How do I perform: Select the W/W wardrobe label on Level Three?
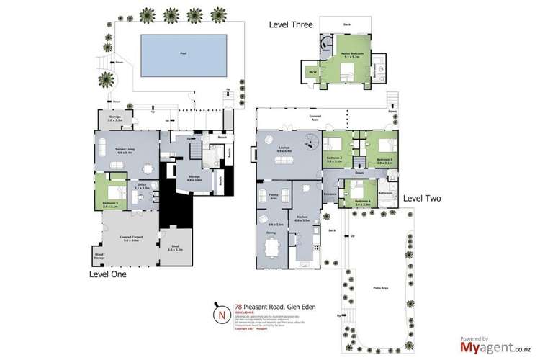pos(312,73)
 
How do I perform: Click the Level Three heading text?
pos(291,24)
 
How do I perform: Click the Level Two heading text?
pos(423,197)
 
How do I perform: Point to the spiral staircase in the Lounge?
pos(310,144)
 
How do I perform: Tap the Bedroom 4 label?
pos(362,202)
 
